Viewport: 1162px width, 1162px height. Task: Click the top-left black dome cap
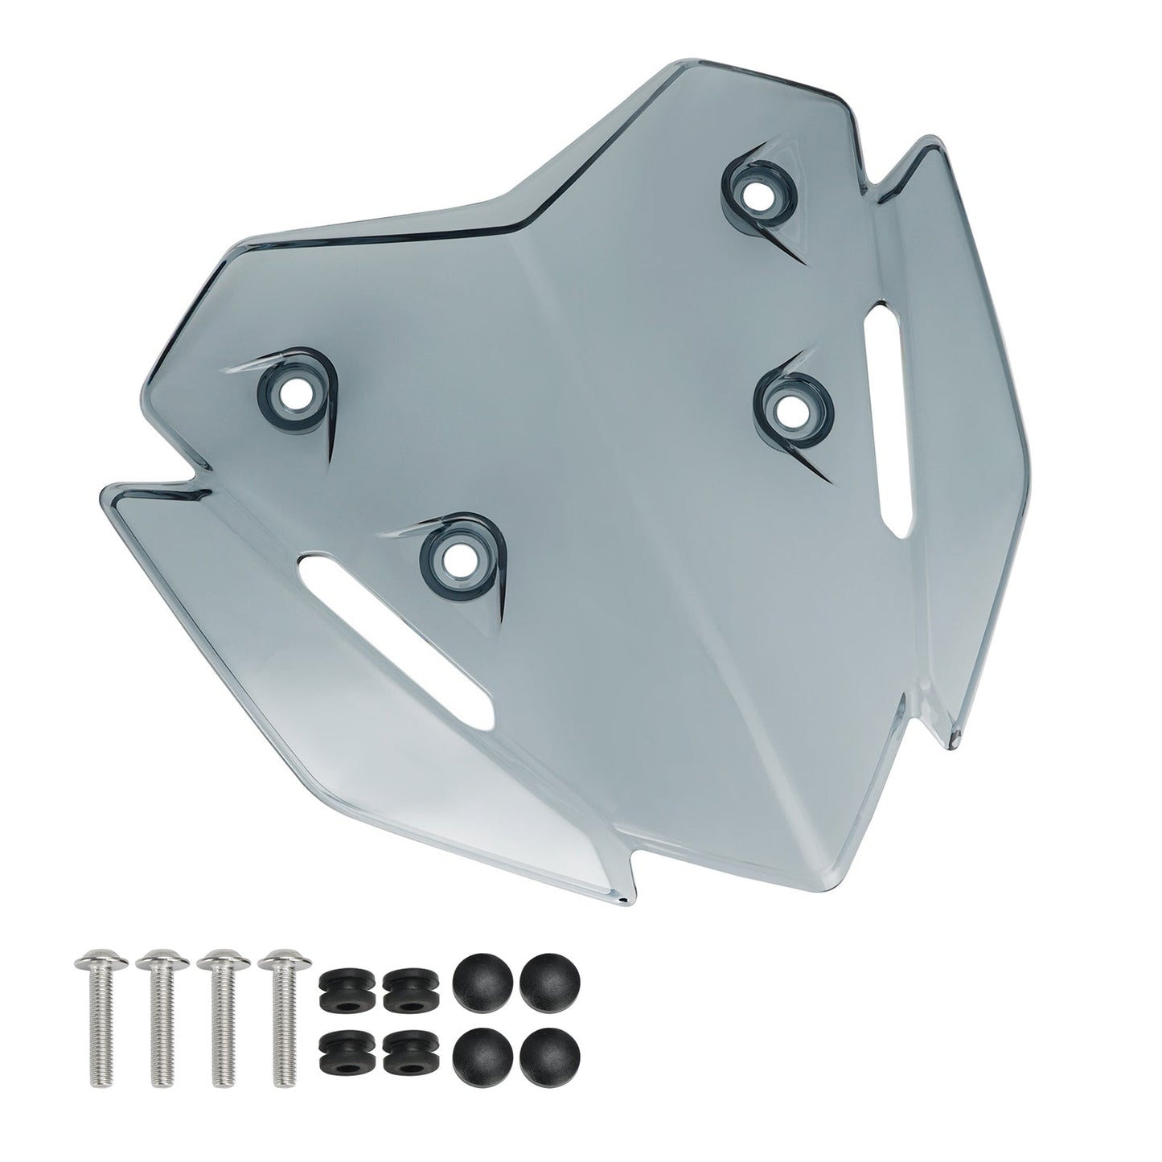[x=476, y=979]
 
